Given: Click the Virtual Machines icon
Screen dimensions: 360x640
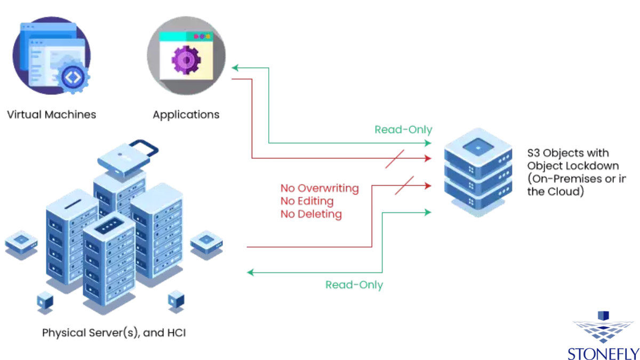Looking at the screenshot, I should (52, 56).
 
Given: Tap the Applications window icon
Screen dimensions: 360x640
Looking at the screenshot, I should (186, 56).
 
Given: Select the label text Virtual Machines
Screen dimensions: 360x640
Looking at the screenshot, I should (52, 115).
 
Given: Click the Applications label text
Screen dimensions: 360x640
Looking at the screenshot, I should (186, 115).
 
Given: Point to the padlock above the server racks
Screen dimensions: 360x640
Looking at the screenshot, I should (125, 160).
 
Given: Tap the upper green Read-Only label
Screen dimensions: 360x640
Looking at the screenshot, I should (403, 130).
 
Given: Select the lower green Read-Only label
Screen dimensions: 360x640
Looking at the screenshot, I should (354, 285).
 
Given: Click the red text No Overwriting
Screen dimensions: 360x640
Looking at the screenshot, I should (319, 188).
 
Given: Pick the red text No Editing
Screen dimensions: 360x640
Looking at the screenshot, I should (307, 201).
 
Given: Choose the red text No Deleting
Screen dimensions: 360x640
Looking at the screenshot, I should (311, 214).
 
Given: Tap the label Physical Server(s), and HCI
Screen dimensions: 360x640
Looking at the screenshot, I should (114, 333).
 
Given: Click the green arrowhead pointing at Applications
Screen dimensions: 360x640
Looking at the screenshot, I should (235, 68).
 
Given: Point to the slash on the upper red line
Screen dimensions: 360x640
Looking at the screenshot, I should (395, 159).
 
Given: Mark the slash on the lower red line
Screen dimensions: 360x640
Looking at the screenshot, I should (404, 186).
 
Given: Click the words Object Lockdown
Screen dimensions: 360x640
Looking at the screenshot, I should (565, 165).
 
